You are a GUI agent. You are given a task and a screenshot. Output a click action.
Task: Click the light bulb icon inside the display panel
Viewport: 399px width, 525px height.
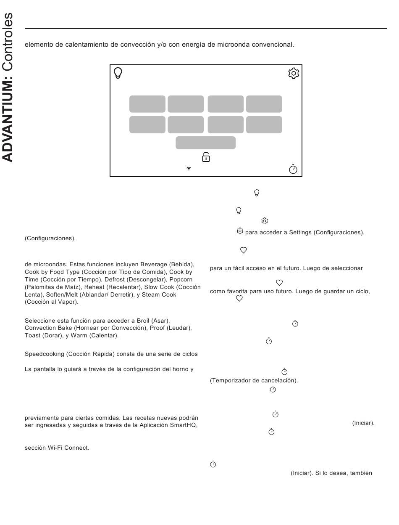click(x=118, y=74)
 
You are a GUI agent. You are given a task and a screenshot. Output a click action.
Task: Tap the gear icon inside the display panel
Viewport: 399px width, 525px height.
click(x=294, y=73)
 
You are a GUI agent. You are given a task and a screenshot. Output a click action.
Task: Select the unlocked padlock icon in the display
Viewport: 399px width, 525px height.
click(x=206, y=157)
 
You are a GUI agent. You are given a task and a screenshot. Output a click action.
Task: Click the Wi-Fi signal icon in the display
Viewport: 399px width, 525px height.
click(x=189, y=169)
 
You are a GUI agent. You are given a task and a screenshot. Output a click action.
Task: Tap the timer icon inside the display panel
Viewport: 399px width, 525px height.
click(x=293, y=169)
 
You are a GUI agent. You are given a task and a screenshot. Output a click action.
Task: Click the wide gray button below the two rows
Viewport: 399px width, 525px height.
click(x=205, y=143)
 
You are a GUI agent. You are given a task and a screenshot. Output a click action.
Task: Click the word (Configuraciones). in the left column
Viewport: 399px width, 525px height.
click(x=50, y=239)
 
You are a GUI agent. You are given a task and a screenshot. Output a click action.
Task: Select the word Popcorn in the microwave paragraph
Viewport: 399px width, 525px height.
click(x=181, y=280)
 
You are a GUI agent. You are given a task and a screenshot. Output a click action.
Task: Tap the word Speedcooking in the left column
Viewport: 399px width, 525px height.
click(x=44, y=354)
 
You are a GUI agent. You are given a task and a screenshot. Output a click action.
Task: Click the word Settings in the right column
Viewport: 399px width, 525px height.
click(x=300, y=233)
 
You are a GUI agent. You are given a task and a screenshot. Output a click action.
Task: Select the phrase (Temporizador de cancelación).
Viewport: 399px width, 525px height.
click(x=254, y=381)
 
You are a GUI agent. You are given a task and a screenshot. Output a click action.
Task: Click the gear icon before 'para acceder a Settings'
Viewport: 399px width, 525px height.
click(x=240, y=231)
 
